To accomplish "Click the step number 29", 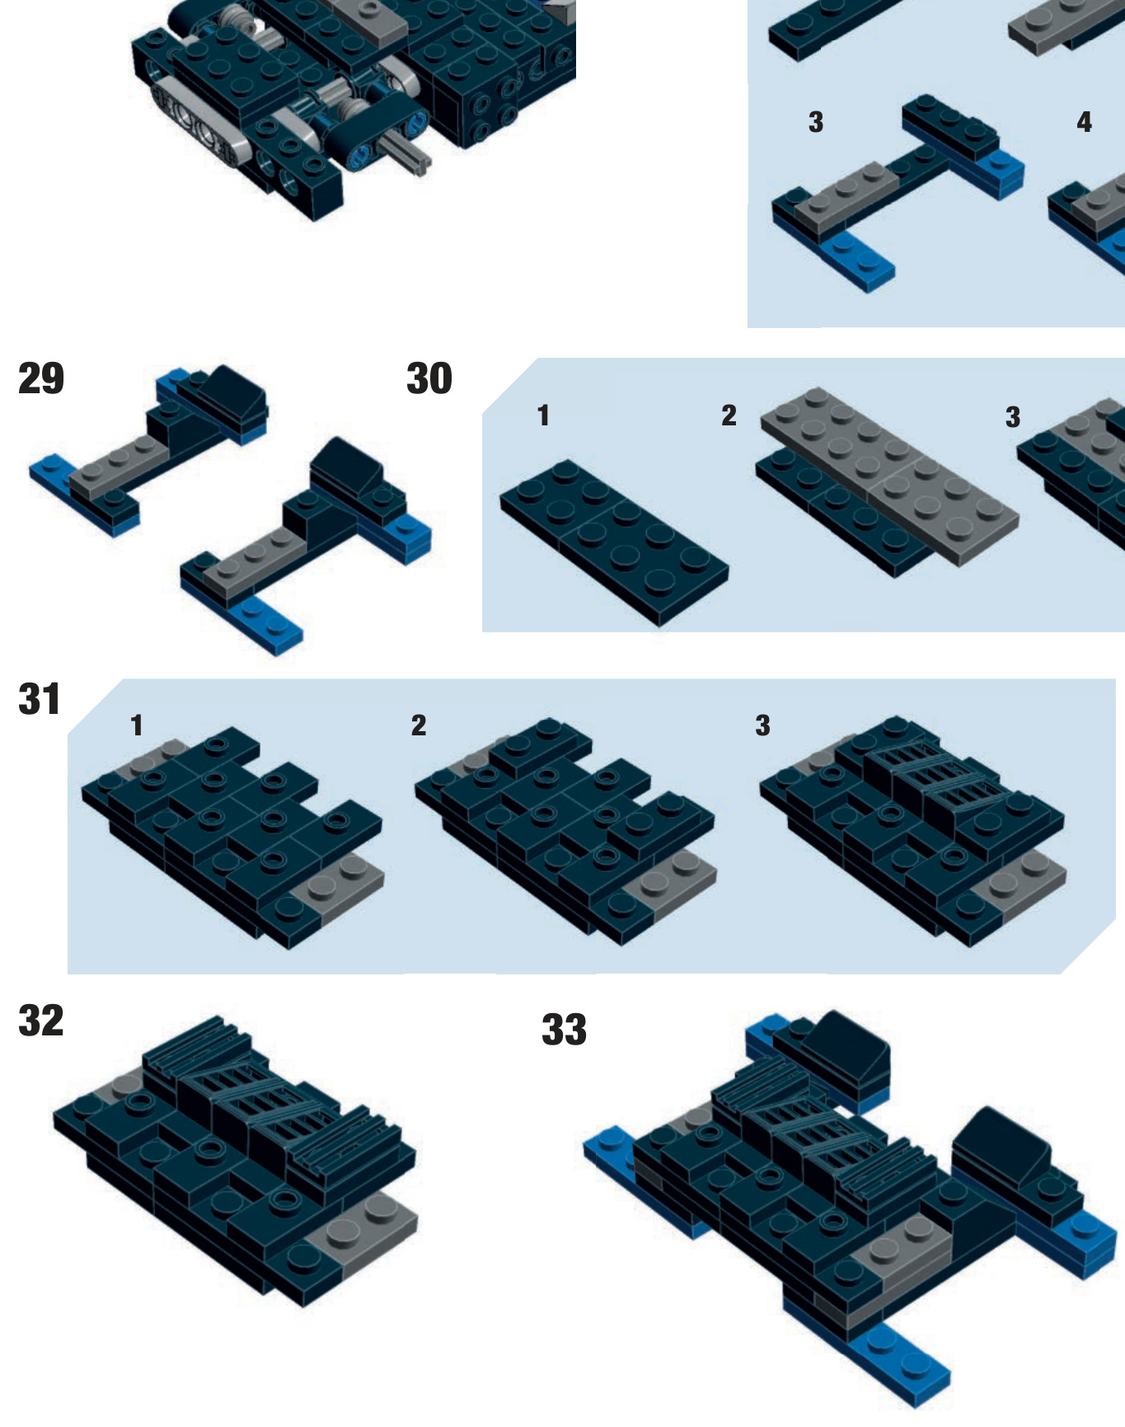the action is pos(41,378).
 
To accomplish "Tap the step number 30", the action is pos(429,378).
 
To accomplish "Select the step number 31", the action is pos(40,699).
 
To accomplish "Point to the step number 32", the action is pos(41,1021).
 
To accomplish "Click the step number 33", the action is pos(565,1029).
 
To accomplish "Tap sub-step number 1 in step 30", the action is pos(543,415).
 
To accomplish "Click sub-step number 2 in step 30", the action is pos(729,415).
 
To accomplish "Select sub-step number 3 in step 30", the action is pos(1013,417).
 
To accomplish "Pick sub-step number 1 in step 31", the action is pos(137,725).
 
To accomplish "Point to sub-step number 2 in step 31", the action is pos(419,725).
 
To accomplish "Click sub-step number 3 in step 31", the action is pos(763,725).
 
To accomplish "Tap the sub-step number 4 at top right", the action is pos(1085,122).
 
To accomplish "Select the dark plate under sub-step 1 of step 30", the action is pos(614,542).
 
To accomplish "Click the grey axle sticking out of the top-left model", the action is pos(404,154).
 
